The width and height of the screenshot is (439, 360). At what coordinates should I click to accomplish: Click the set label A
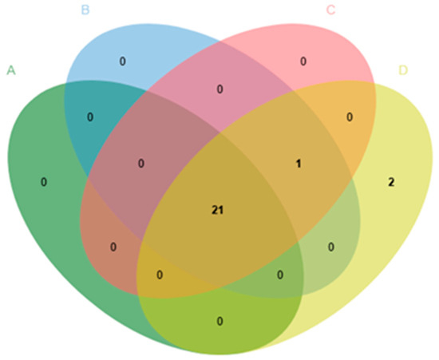click(11, 70)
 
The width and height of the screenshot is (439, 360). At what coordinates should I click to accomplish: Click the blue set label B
click(85, 10)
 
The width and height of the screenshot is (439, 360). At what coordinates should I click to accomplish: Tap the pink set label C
click(330, 10)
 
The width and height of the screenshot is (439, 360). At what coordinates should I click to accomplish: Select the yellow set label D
click(403, 70)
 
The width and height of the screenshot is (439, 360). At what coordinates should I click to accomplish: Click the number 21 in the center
click(218, 210)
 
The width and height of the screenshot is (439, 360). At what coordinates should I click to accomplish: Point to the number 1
click(299, 164)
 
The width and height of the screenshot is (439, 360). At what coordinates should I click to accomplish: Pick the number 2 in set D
click(391, 182)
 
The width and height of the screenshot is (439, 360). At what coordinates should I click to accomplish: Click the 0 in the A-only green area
click(44, 182)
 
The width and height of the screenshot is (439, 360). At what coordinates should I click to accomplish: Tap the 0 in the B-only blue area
click(123, 61)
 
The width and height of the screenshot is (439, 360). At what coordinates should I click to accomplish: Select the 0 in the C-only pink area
click(303, 61)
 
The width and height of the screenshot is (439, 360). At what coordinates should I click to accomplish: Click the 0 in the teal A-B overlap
click(90, 117)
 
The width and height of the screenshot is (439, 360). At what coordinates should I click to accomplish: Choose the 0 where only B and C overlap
click(219, 89)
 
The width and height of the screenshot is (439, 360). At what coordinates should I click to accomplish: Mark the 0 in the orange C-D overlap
click(350, 117)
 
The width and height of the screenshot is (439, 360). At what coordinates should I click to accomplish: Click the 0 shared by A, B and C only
click(141, 164)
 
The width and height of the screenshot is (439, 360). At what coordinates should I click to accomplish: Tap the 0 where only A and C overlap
click(113, 247)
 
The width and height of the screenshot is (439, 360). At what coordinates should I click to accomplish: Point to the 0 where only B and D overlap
click(331, 247)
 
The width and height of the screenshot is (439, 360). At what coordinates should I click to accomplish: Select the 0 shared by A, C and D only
click(160, 275)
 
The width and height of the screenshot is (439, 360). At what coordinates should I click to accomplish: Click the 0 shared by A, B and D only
click(280, 275)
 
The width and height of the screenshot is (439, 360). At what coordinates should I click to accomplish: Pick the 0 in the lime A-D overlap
click(219, 321)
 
